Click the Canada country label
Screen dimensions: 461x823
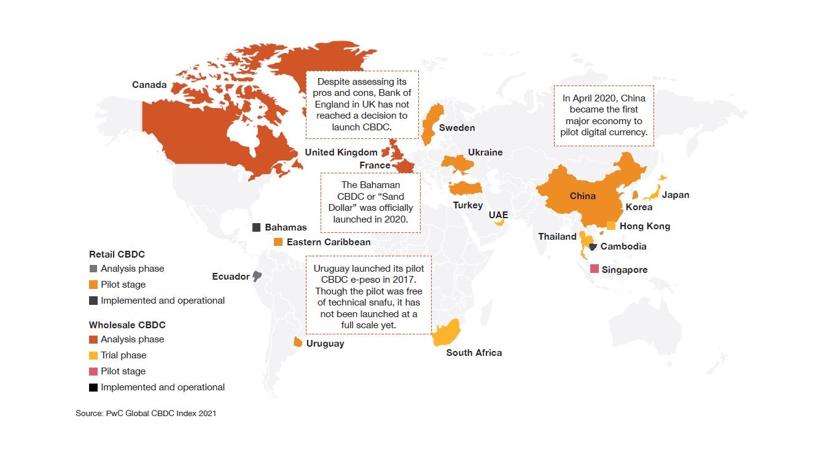point(149,85)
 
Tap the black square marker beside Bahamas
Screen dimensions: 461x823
point(257,227)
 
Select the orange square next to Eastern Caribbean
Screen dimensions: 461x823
point(278,242)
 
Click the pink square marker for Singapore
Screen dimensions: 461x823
point(594,269)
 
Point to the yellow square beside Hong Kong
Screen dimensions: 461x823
point(611,226)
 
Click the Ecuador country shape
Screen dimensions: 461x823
point(257,277)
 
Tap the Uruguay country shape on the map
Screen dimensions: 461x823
point(298,342)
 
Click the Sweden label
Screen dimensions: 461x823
point(456,128)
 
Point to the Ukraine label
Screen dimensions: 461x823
point(485,152)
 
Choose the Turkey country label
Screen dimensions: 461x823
point(468,205)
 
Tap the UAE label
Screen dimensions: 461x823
point(498,215)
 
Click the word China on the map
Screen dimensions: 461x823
point(582,196)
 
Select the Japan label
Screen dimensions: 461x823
point(676,195)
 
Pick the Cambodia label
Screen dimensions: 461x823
point(623,246)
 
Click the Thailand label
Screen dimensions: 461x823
point(557,237)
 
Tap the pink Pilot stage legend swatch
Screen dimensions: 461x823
point(93,371)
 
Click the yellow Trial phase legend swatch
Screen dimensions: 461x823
point(93,355)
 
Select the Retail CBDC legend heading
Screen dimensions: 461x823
point(117,254)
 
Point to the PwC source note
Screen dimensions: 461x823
point(146,414)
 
